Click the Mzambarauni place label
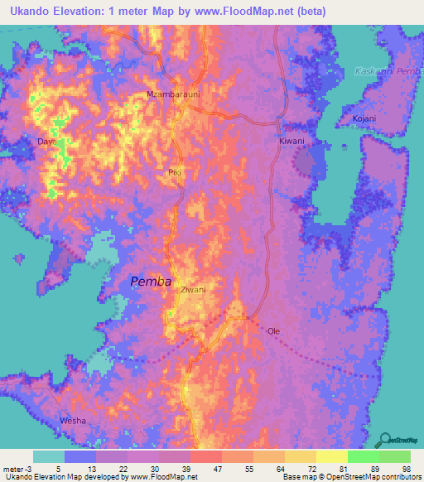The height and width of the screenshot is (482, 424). coord(174,94)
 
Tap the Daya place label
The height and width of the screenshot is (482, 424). coord(46,142)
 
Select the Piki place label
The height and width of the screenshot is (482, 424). coord(174,172)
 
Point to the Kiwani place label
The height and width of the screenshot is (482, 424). coord(291,142)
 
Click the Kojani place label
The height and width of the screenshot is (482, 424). coord(363,118)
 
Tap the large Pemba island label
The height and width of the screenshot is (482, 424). coord(151,282)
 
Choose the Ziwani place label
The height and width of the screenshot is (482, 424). coord(193,290)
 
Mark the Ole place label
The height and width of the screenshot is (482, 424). coord(273,331)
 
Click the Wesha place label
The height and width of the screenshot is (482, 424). coord(73,422)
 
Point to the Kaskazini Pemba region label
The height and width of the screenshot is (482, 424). coord(388,72)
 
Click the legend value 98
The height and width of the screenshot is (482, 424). coord(405,469)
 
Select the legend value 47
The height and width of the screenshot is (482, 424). coord(216,469)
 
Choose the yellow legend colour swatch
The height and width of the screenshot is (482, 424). coord(331,456)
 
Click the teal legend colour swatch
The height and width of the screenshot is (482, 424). coord(49,456)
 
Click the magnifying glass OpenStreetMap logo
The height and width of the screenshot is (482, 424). coord(384,440)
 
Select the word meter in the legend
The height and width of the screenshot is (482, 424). coord(12,469)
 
